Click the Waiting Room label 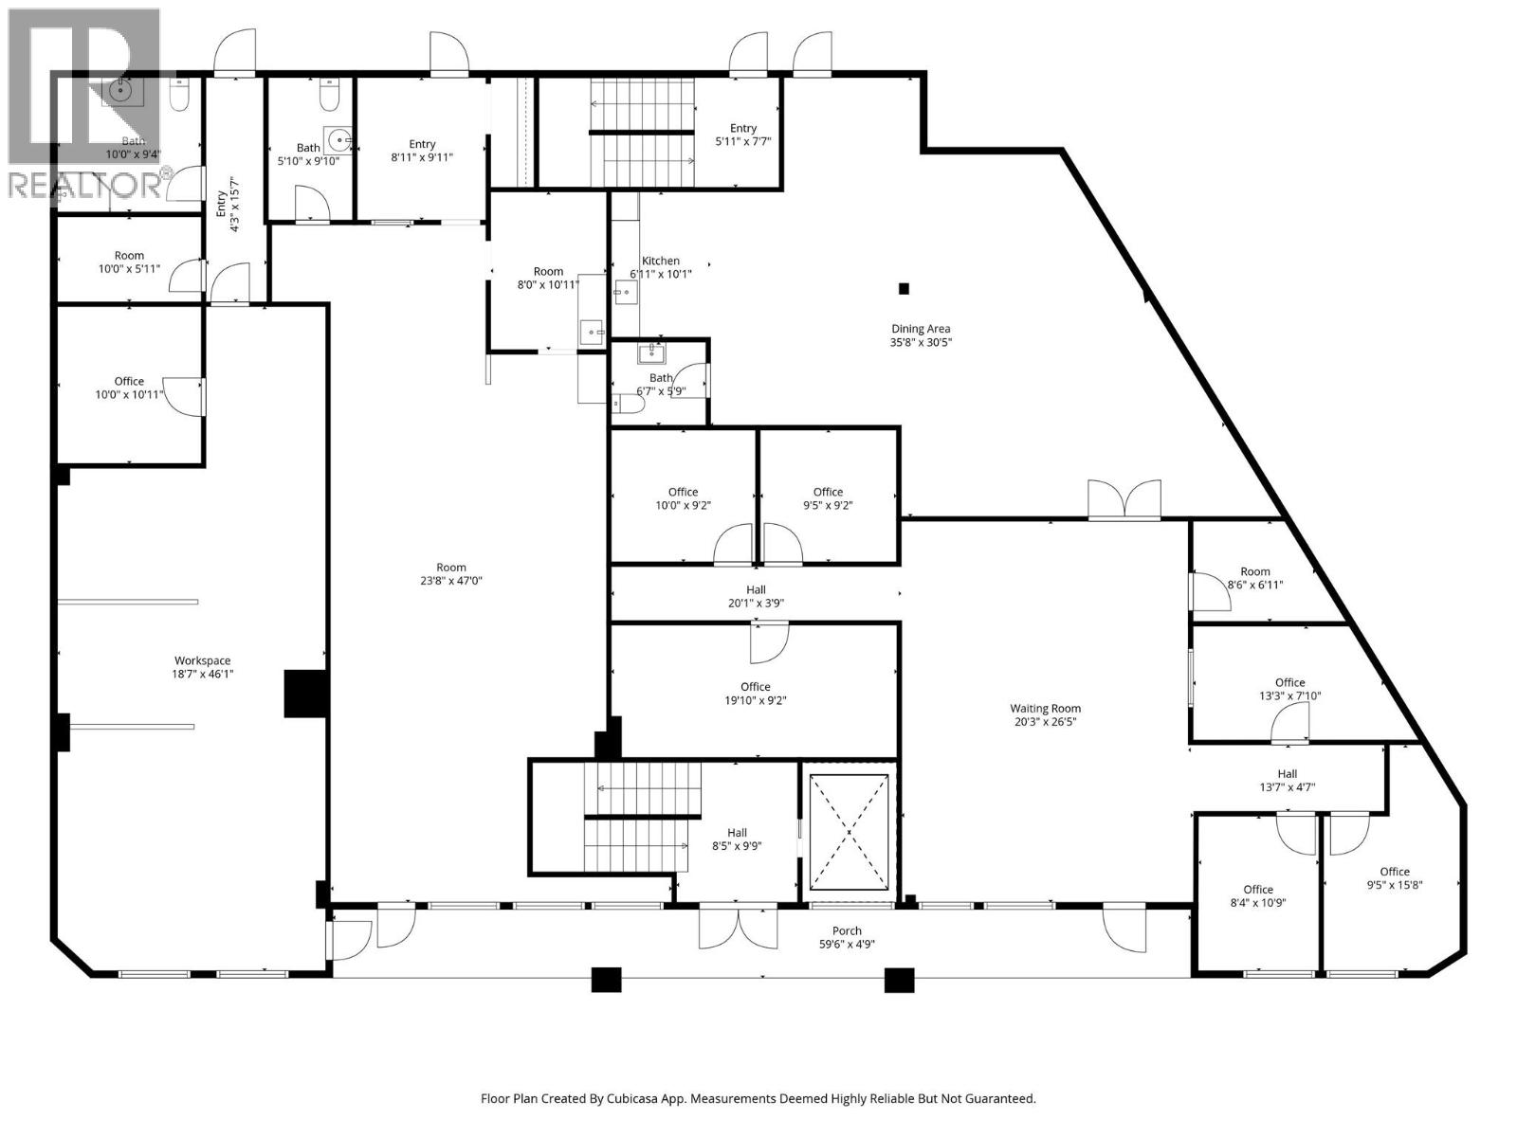1045,709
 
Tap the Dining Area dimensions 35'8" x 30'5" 921,343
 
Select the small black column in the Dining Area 904,289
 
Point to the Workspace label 202,661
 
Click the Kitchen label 661,261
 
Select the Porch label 847,930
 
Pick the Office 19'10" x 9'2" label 756,687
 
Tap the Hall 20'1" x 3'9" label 756,589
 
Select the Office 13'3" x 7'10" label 1289,682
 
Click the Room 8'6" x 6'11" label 1254,571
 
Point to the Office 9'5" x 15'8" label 1394,872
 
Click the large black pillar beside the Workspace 305,693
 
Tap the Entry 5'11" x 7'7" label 743,128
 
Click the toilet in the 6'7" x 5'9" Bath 629,405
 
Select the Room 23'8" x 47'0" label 451,568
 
